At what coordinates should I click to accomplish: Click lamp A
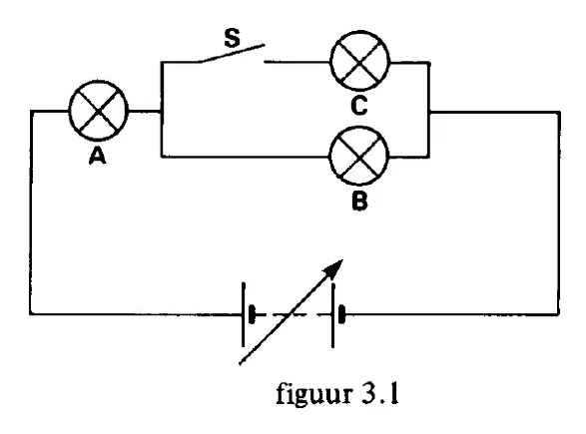(99, 111)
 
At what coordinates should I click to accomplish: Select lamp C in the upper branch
(360, 61)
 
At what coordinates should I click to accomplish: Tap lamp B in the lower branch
(359, 156)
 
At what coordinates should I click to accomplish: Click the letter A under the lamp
(98, 156)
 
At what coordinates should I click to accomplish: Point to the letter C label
(359, 106)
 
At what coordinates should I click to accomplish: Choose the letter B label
(359, 202)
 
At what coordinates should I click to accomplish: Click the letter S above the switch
(232, 38)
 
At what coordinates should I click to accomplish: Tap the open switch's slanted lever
(232, 54)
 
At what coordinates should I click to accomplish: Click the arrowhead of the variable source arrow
(333, 268)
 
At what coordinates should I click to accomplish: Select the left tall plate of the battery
(244, 314)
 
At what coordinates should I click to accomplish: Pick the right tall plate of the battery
(332, 315)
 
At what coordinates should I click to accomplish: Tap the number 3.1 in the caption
(380, 394)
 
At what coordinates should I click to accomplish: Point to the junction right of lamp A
(162, 111)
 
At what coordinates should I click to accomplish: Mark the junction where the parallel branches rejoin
(429, 112)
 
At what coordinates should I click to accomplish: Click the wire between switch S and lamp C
(297, 62)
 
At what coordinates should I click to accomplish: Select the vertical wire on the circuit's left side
(31, 213)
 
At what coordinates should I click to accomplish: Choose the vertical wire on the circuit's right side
(559, 214)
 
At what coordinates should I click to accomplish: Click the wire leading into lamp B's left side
(246, 157)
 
